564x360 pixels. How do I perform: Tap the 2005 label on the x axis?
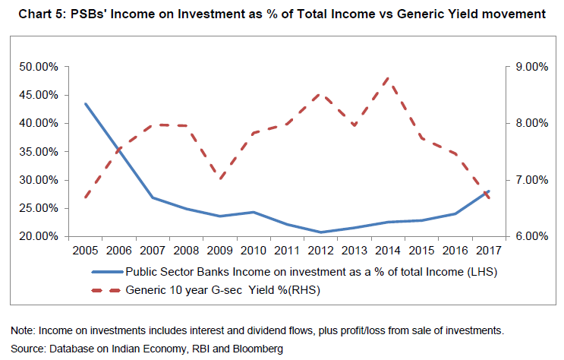pos(85,249)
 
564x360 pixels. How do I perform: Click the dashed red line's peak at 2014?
pos(388,77)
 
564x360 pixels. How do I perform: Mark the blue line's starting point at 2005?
pos(85,104)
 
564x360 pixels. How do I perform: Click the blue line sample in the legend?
pos(106,270)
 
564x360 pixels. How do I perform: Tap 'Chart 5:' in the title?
pos(31,13)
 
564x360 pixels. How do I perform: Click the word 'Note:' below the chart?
pos(23,331)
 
